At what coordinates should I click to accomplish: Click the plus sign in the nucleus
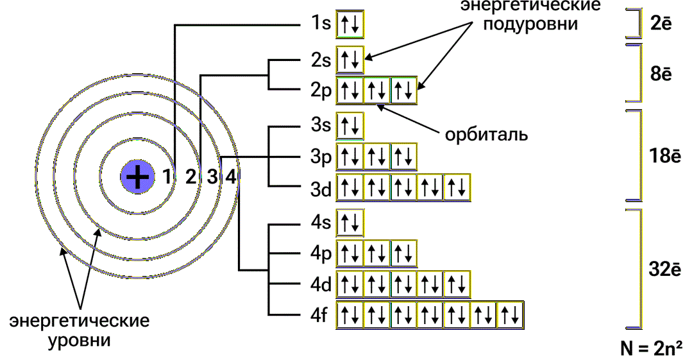tap(138, 177)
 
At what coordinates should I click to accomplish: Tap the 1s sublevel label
tap(321, 23)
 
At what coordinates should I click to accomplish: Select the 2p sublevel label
tap(321, 91)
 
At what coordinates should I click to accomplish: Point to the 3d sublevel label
tap(321, 189)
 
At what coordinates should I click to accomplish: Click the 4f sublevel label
tap(319, 315)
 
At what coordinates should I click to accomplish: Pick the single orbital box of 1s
tap(350, 24)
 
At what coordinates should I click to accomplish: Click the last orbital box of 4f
tap(511, 315)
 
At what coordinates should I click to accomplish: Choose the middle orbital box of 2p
tap(376, 91)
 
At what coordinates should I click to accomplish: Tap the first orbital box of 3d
tap(350, 188)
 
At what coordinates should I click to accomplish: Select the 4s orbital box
tap(350, 223)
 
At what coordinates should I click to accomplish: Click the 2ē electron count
tap(661, 24)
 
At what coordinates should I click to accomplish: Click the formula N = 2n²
tap(652, 348)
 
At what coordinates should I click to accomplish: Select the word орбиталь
tap(486, 135)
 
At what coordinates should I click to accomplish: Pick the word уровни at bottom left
tap(79, 340)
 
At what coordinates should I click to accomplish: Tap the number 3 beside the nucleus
tap(212, 177)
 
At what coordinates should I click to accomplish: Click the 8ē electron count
tap(661, 74)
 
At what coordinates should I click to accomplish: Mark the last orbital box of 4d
tap(457, 284)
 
